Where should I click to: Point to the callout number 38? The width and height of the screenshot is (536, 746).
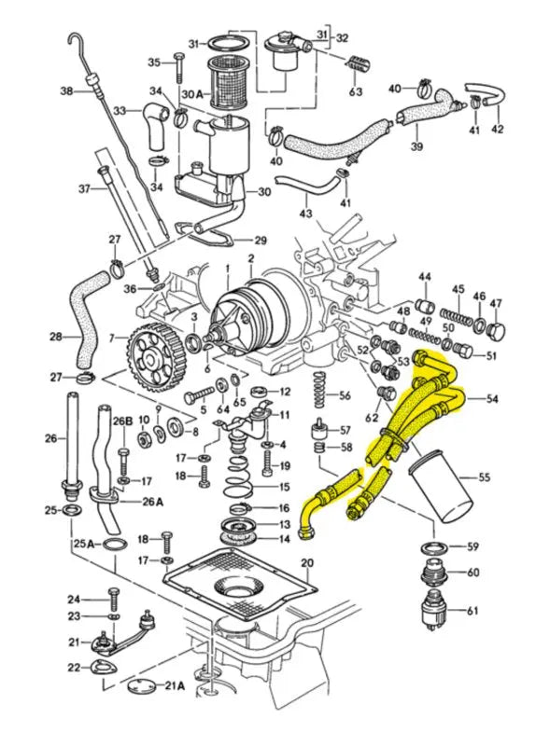click(65, 90)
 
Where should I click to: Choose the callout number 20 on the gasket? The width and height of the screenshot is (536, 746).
click(306, 562)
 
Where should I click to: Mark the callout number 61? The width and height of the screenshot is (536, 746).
click(472, 611)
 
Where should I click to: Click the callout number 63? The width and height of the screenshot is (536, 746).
click(356, 92)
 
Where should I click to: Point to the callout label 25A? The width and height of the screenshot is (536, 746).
click(82, 543)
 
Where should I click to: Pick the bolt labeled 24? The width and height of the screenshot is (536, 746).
click(112, 597)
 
